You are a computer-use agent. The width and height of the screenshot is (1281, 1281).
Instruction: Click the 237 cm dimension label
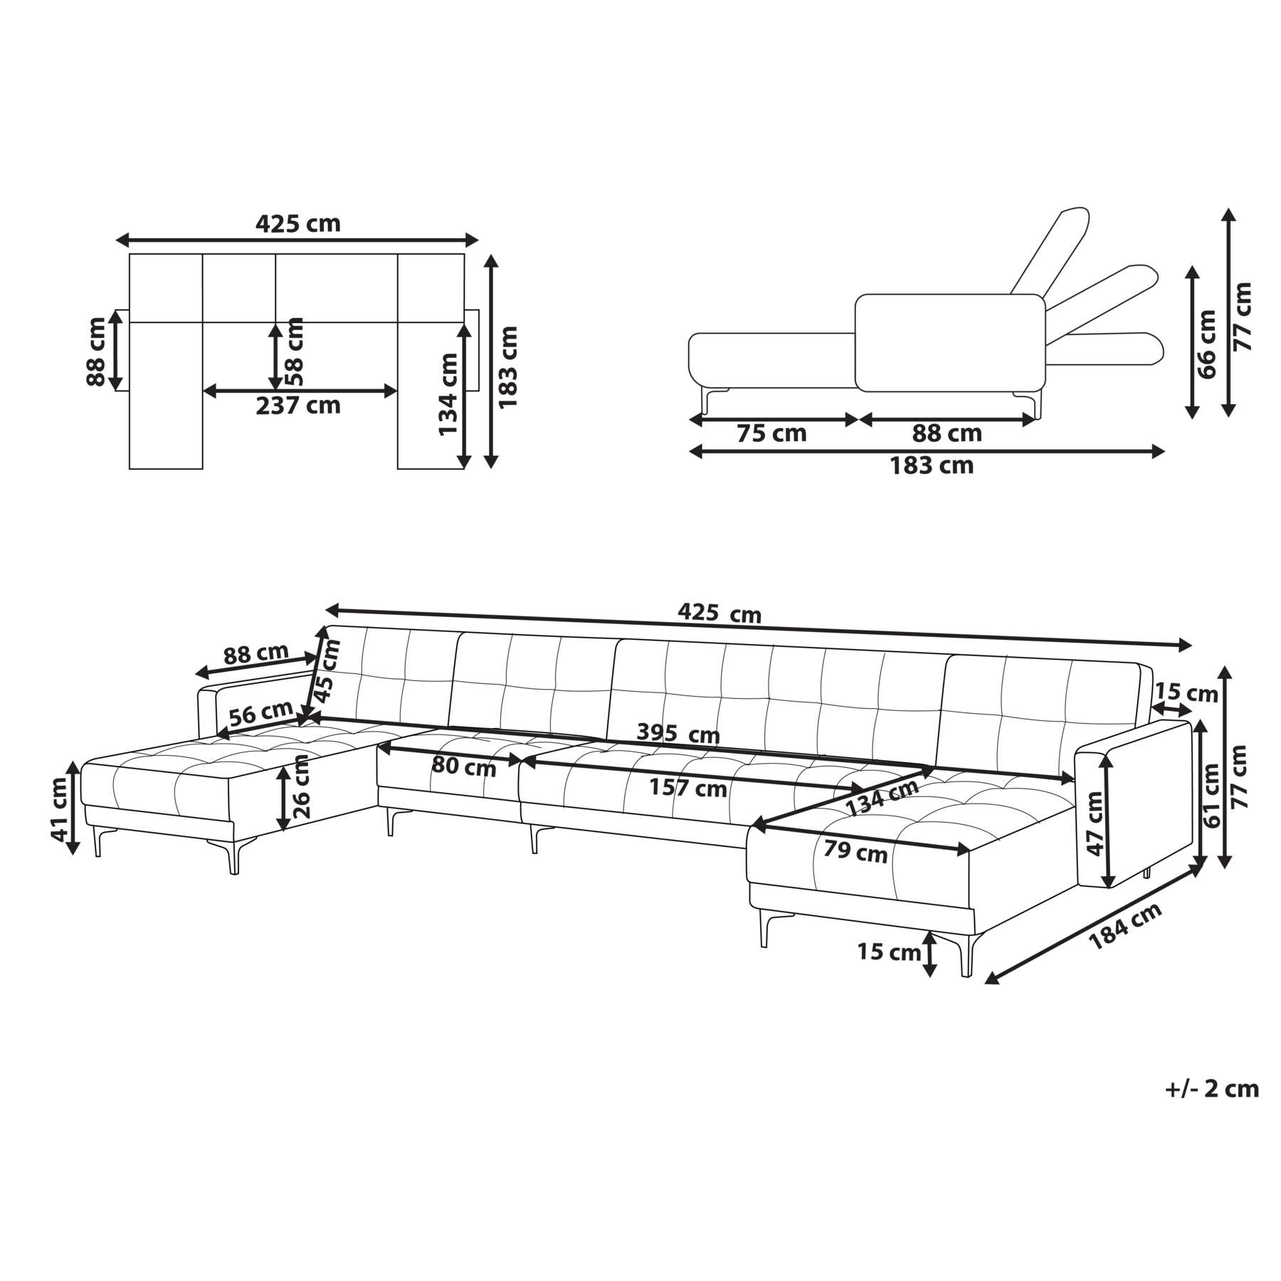tap(298, 406)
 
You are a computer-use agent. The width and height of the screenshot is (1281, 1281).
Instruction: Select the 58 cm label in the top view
tap(294, 352)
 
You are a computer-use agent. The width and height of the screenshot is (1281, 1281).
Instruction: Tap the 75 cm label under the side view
tap(771, 433)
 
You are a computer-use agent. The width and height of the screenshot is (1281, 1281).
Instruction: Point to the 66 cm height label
tap(1207, 344)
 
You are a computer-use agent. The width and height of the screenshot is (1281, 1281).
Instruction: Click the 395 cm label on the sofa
tap(678, 733)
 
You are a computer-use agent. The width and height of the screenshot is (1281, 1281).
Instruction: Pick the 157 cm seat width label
tap(688, 788)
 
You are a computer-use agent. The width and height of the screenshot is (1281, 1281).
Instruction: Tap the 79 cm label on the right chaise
tap(855, 851)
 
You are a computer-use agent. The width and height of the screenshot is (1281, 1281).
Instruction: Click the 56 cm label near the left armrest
tap(260, 712)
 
